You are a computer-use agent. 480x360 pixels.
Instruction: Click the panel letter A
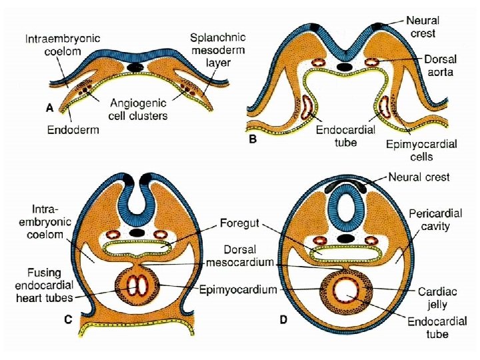[49, 107]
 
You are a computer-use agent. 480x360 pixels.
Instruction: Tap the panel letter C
[68, 320]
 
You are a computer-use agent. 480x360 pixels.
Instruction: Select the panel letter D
[283, 320]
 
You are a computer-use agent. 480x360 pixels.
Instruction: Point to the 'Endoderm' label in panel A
[73, 129]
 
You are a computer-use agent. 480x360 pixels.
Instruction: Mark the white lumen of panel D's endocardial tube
[346, 290]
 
